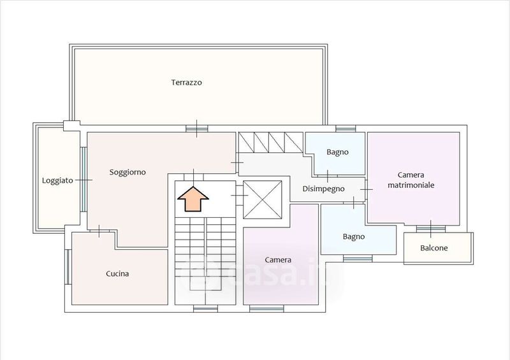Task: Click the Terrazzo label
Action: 186,82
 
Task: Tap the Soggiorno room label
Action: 127,173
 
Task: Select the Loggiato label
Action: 57,180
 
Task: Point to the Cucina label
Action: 117,274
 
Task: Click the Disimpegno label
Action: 323,189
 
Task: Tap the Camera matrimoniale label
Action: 411,180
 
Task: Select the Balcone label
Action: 434,248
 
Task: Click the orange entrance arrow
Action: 193,199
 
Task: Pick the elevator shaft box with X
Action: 263,199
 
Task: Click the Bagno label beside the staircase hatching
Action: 337,152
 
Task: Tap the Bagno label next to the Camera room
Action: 354,237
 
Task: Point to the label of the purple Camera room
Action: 278,260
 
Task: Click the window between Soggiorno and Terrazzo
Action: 196,129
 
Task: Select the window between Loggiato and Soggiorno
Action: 84,180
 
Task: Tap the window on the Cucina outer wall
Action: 68,267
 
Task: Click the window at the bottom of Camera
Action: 266,309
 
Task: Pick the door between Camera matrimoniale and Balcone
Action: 431,229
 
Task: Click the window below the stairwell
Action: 205,309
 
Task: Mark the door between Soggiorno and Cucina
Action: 99,231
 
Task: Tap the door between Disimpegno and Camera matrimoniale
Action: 366,189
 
